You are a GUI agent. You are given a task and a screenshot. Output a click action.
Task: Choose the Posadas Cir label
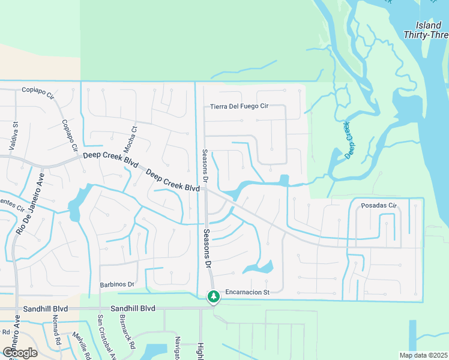point(379,206)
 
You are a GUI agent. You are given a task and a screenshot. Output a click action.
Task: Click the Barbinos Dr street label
point(118,284)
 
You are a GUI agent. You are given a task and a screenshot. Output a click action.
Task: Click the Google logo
point(20,353)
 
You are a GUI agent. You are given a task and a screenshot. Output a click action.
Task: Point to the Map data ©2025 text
point(423,355)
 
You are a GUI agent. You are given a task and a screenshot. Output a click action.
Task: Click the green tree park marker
point(213,296)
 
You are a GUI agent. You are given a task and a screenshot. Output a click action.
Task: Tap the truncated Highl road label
point(200,351)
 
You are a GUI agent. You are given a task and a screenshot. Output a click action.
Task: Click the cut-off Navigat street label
point(178,349)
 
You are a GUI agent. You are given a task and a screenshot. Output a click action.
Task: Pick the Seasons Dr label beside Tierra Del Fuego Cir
point(205,166)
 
